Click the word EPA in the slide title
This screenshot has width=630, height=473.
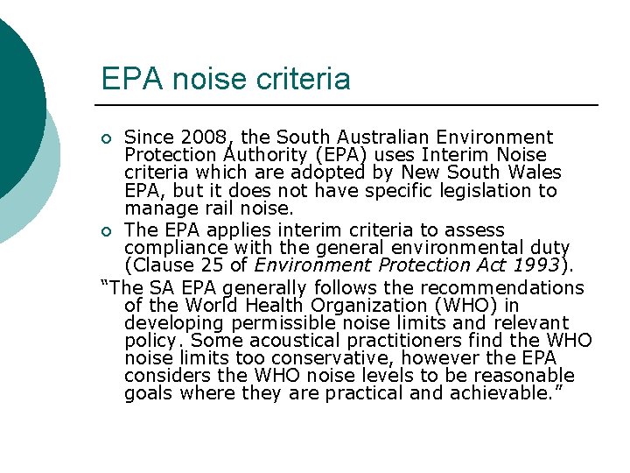tap(127, 80)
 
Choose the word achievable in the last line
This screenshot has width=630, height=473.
tap(501, 393)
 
